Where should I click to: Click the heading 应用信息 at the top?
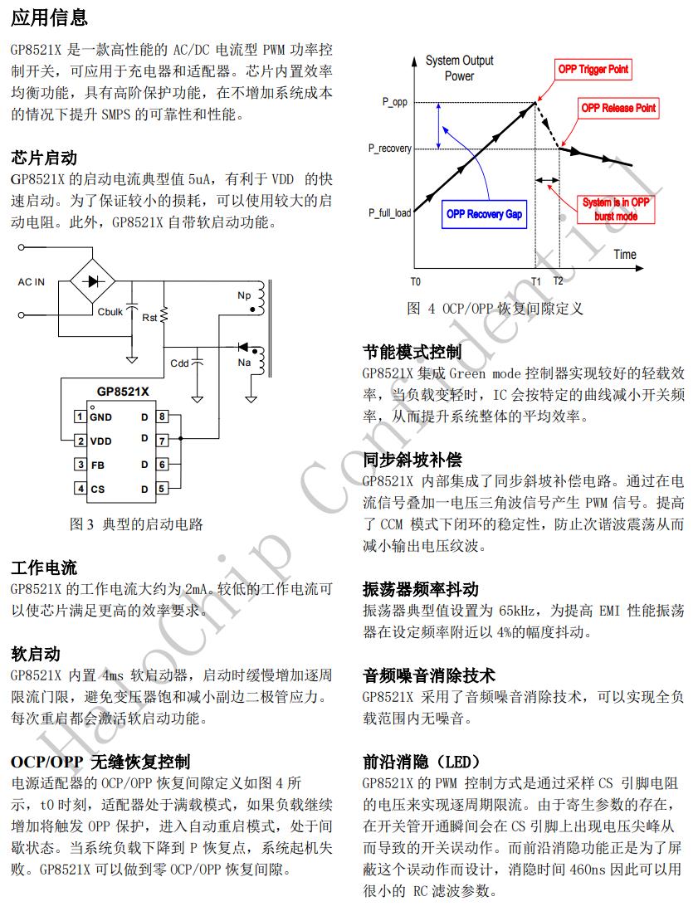pos(50,17)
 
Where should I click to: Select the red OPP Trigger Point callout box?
pos(593,70)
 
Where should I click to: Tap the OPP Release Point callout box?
pos(617,108)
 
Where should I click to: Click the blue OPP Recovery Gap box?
pos(485,214)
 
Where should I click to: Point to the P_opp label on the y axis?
pos(395,101)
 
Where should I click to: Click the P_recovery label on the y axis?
pos(390,149)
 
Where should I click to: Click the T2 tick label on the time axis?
pos(558,282)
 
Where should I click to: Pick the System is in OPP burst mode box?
pos(616,209)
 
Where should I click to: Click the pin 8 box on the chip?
pos(162,417)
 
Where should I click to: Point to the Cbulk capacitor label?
pos(110,312)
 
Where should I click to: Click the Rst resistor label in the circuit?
pos(150,318)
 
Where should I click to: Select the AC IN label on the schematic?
pos(32,282)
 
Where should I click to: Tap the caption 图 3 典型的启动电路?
pos(137,524)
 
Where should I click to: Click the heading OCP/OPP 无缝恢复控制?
pos(100,761)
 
